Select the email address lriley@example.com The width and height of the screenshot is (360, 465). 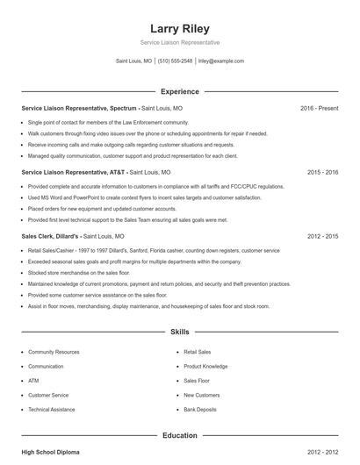pyautogui.click(x=221, y=61)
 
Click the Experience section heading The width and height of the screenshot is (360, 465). pyautogui.click(x=180, y=91)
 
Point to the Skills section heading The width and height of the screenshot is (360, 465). pyautogui.click(x=180, y=333)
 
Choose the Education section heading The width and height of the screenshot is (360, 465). pyautogui.click(x=180, y=435)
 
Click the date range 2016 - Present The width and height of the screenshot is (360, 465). pyautogui.click(x=319, y=108)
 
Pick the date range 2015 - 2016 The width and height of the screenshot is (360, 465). pyautogui.click(x=322, y=173)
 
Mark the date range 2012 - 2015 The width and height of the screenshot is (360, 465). pyautogui.click(x=322, y=237)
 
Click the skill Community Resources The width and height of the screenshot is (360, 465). pyautogui.click(x=54, y=352)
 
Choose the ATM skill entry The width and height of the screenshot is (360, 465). pyautogui.click(x=33, y=381)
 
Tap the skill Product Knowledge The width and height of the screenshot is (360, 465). pyautogui.click(x=205, y=367)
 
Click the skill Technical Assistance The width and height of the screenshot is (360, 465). pyautogui.click(x=52, y=410)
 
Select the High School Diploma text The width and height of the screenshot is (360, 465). pyautogui.click(x=50, y=452)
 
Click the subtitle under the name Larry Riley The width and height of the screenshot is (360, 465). pyautogui.click(x=180, y=42)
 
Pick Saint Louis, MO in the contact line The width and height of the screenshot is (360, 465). pyautogui.click(x=133, y=61)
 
